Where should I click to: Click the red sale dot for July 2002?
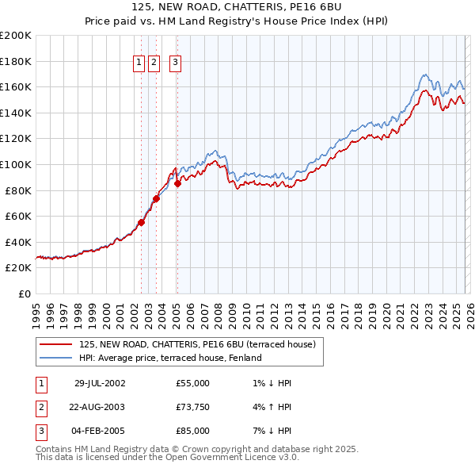pos(142,223)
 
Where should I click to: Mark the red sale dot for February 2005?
pos(177,184)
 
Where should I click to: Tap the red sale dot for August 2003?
pos(157,198)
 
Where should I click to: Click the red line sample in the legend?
pos(57,344)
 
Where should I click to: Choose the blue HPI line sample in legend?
pos(57,358)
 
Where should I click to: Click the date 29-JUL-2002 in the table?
pos(99,383)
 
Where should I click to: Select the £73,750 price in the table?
pos(193,407)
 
